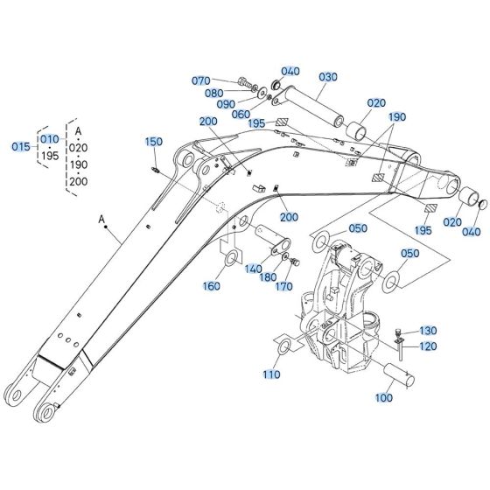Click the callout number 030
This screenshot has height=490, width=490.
click(327, 77)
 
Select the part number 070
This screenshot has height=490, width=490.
click(202, 80)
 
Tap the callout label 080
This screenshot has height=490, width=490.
click(213, 93)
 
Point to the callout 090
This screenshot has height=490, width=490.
click(225, 104)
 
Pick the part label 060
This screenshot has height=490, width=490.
click(241, 114)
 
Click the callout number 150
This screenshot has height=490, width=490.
click(153, 141)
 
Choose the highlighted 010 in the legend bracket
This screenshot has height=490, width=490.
click(50, 138)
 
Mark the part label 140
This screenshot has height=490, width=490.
click(253, 269)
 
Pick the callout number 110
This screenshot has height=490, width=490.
click(271, 374)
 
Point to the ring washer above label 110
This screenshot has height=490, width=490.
click(285, 350)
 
